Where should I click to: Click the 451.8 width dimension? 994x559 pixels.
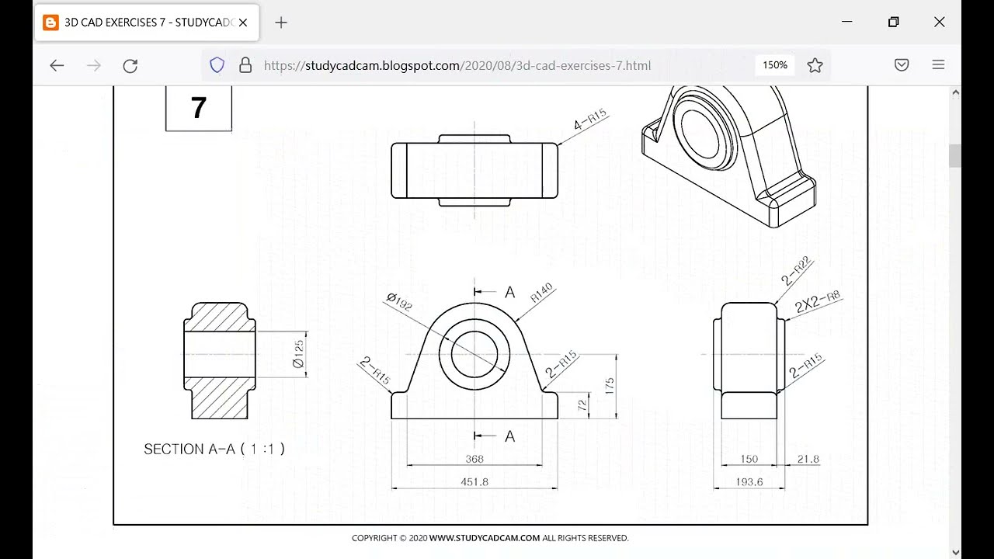[x=474, y=482]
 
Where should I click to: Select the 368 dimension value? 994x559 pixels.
[x=474, y=460]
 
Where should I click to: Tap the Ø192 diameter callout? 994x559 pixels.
[x=399, y=302]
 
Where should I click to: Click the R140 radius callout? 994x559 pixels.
[x=541, y=293]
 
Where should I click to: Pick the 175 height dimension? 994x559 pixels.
[x=610, y=385]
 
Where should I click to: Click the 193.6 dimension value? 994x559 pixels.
[x=749, y=482]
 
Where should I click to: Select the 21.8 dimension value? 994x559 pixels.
[x=808, y=460]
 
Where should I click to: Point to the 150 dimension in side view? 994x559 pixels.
[x=749, y=460]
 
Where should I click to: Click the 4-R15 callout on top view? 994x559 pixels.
[x=590, y=120]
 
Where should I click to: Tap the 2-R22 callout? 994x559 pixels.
[x=796, y=271]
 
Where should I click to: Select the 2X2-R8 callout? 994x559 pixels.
[x=817, y=302]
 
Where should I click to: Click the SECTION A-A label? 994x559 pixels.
[x=214, y=449]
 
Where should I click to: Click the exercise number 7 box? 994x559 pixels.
[x=199, y=108]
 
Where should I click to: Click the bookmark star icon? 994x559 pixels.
[x=815, y=66]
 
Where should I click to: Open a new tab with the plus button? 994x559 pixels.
[x=281, y=23]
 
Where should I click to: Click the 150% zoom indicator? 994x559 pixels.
[x=774, y=65]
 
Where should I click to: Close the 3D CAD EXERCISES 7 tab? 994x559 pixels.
[x=243, y=23]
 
